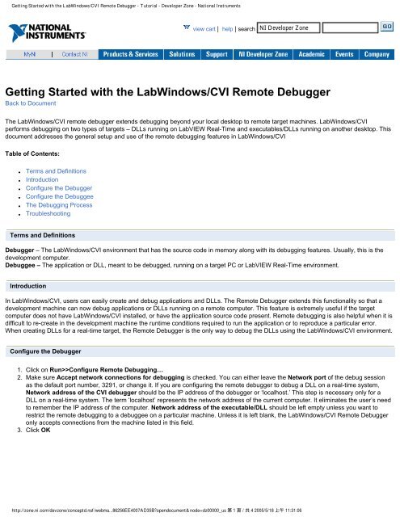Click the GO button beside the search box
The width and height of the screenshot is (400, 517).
387,26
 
